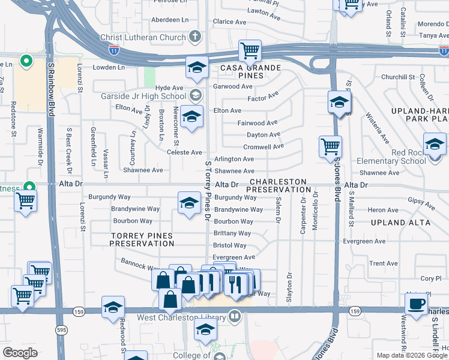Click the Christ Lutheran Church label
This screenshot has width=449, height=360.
[x=143, y=37]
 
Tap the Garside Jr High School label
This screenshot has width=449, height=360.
[x=145, y=96]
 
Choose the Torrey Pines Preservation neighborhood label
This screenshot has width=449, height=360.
[x=142, y=239]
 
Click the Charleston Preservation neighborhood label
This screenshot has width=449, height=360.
[x=278, y=185]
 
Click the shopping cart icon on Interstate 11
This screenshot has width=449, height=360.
[x=250, y=50]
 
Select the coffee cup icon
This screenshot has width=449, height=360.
[x=416, y=304]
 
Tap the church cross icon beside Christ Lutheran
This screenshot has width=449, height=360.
[x=194, y=37]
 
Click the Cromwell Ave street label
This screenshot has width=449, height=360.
[x=264, y=147]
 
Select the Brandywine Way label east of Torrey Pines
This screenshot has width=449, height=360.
[x=238, y=209]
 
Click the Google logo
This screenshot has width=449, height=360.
[x=20, y=353]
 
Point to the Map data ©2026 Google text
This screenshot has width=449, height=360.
[x=412, y=355]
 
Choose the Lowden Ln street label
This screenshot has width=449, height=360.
[x=109, y=67]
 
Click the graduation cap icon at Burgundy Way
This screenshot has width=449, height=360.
[x=189, y=202]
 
